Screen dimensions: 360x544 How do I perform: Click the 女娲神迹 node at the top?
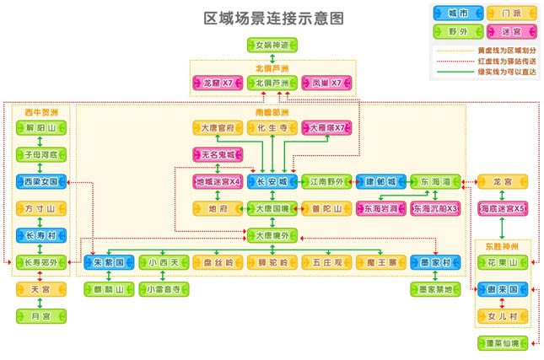pyautogui.click(x=272, y=44)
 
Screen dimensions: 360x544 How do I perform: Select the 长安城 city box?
pyautogui.click(x=272, y=181)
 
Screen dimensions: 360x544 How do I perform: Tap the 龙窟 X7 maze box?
pyautogui.click(x=218, y=83)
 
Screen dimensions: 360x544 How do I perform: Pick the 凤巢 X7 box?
pyautogui.click(x=326, y=83)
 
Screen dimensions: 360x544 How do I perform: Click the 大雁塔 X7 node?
pyautogui.click(x=326, y=128)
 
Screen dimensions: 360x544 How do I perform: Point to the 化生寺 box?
pyautogui.click(x=272, y=128)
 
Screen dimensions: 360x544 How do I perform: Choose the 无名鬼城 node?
pyautogui.click(x=218, y=155)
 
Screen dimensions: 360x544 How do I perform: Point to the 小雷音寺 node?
pyautogui.click(x=164, y=289)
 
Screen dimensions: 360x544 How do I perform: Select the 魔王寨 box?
pyautogui.click(x=380, y=262)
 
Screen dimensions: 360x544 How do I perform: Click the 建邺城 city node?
pyautogui.click(x=380, y=181)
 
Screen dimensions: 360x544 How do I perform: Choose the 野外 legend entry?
pyautogui.click(x=458, y=31)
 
